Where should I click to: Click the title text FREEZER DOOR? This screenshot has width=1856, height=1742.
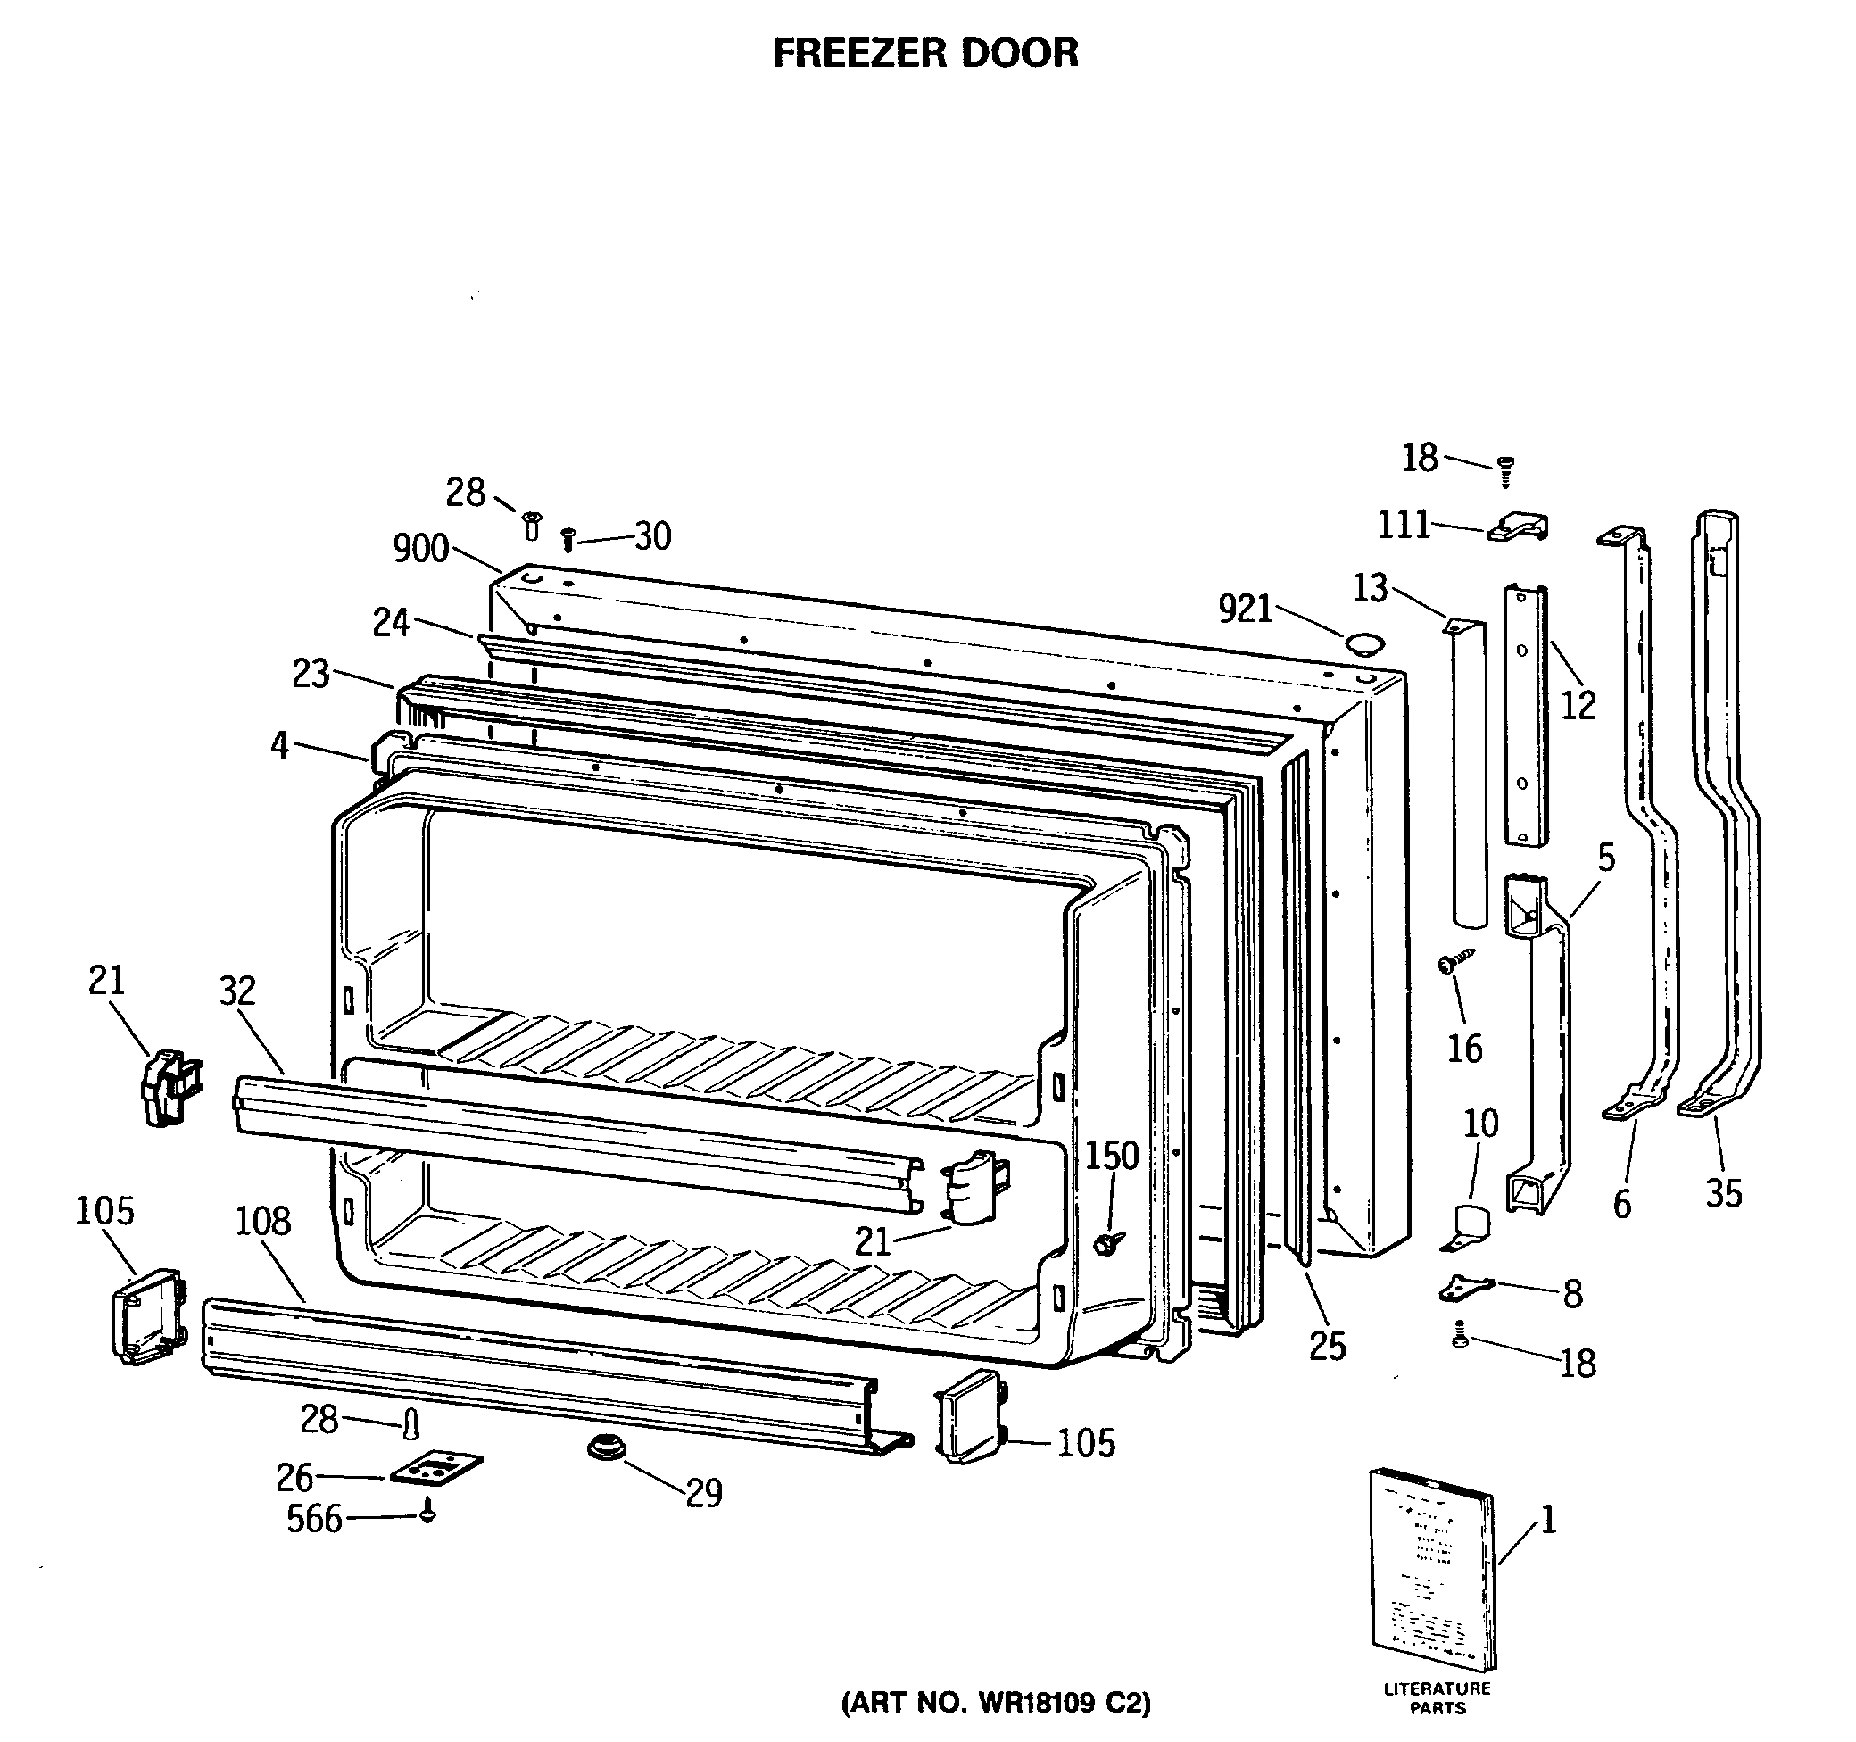(x=925, y=54)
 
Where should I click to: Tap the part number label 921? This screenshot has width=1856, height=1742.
(x=1246, y=610)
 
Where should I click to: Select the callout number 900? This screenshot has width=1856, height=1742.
(x=420, y=549)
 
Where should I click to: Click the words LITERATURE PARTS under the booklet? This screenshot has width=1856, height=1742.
(x=1437, y=1698)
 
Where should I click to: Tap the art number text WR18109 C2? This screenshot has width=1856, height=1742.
(x=996, y=1704)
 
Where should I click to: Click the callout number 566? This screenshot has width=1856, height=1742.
(x=314, y=1520)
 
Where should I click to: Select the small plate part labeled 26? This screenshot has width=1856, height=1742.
(x=436, y=1468)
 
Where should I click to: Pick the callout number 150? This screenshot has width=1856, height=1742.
(x=1111, y=1156)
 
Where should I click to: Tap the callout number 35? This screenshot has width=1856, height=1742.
(x=1723, y=1193)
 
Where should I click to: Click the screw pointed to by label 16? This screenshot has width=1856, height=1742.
(x=1457, y=960)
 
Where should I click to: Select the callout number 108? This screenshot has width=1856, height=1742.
(x=262, y=1221)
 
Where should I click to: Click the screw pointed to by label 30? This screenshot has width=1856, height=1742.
(x=568, y=539)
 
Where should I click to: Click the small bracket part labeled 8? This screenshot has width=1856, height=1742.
(x=1464, y=1289)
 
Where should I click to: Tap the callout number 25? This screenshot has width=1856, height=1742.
(x=1327, y=1345)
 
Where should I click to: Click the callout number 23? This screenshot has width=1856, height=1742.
(x=311, y=673)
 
